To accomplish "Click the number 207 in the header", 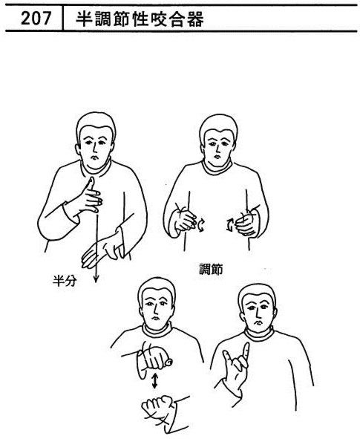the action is tap(36, 18).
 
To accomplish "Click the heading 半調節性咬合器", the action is tap(140, 19).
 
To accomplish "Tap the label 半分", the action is tap(65, 281).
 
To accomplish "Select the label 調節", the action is tap(212, 270).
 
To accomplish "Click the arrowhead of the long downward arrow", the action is tap(96, 279).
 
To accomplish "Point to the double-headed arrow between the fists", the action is tap(154, 381).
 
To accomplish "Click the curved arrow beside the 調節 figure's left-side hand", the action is tap(201, 225).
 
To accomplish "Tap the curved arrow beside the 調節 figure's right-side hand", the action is tap(230, 226).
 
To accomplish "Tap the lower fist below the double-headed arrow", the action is tap(157, 407).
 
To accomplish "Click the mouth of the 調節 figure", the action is tap(217, 155).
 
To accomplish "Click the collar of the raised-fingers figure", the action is tap(259, 335).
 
